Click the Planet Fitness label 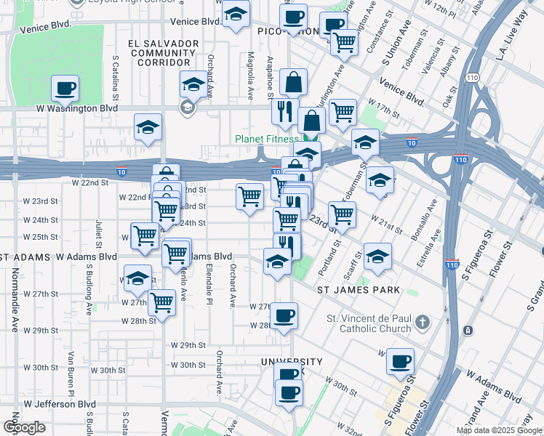click(266, 140)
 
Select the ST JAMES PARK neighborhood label click(359, 290)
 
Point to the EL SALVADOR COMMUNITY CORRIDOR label click(163, 54)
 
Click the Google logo click(24, 427)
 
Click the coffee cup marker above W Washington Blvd click(65, 89)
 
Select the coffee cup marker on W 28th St click(285, 315)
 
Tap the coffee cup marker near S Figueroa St click(399, 361)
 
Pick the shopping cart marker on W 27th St click(161, 302)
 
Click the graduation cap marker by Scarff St click(377, 257)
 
